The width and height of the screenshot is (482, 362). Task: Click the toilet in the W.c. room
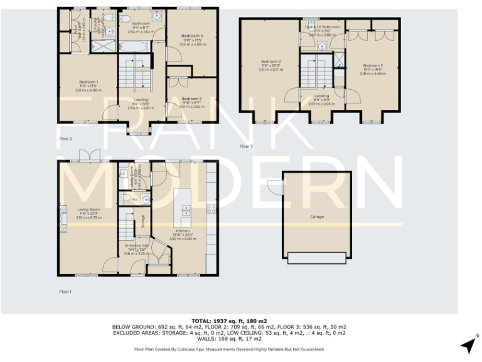tap(125, 199)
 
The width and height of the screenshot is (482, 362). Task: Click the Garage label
tap(316, 217)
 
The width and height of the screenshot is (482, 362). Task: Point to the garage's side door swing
tap(274, 187)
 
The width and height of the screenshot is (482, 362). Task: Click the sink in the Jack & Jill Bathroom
tap(321, 47)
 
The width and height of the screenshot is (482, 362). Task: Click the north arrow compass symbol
tap(468, 344)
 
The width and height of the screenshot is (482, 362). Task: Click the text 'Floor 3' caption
tap(246, 146)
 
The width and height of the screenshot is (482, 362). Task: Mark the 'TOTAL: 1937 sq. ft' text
tap(229, 321)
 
